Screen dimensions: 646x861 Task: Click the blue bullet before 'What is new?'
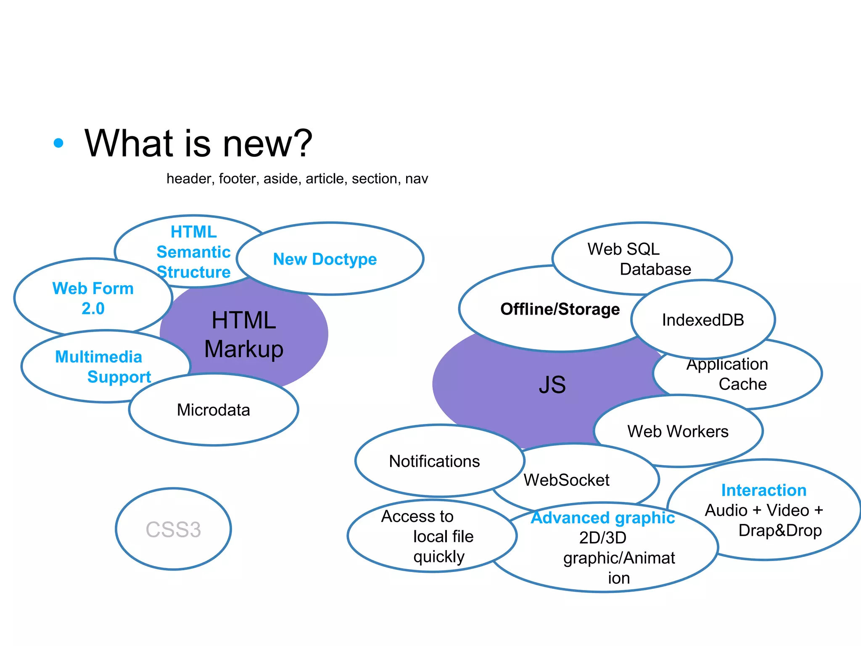tap(58, 143)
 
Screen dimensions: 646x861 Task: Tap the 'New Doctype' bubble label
tap(325, 259)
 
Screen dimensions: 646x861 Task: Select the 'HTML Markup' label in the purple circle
tap(244, 334)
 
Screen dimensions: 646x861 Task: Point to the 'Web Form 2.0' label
tap(93, 298)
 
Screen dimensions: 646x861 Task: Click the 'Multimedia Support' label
tap(103, 367)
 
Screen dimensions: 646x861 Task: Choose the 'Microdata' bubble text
tap(213, 410)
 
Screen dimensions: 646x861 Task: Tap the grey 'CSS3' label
tap(173, 530)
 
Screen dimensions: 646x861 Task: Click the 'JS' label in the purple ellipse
tap(552, 384)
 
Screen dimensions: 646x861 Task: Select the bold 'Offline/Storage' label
tap(560, 309)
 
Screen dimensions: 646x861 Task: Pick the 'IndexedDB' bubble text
tap(703, 320)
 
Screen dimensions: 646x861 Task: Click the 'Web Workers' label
tap(678, 432)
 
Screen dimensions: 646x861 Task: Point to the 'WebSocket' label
tap(566, 480)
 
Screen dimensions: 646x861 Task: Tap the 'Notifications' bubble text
tap(434, 461)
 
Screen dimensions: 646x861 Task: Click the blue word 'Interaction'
tap(763, 490)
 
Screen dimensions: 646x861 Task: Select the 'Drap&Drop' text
tap(780, 530)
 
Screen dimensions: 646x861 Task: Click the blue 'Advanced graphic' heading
tap(603, 518)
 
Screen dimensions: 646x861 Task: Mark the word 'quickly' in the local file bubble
tap(439, 557)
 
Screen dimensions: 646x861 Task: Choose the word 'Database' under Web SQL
tap(655, 269)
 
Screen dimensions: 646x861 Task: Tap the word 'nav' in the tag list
tap(417, 179)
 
